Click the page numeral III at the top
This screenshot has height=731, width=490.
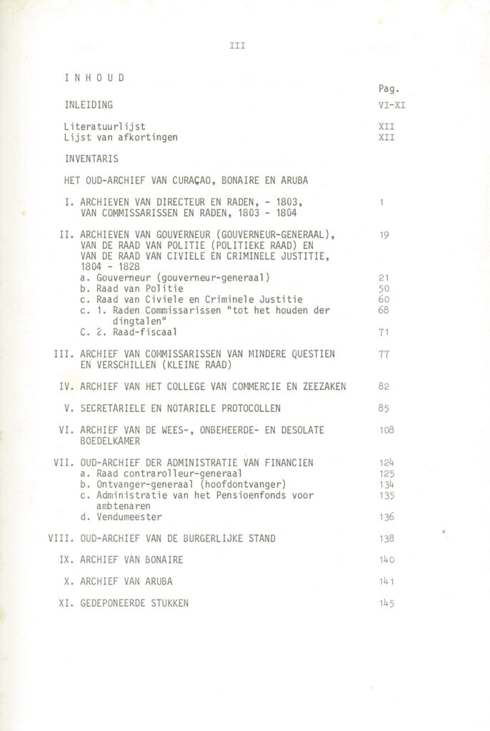point(238,46)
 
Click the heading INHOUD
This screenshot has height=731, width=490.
point(94,78)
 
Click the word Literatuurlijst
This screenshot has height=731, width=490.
point(104,126)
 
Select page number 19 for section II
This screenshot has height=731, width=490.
point(384,233)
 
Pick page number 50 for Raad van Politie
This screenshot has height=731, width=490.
point(384,288)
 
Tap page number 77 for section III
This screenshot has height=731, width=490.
point(384,353)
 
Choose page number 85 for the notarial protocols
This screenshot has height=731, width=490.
point(384,409)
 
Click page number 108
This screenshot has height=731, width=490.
point(386,430)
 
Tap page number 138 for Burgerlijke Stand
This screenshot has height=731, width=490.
point(386,538)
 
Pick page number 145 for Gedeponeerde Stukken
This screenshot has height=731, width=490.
point(386,604)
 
